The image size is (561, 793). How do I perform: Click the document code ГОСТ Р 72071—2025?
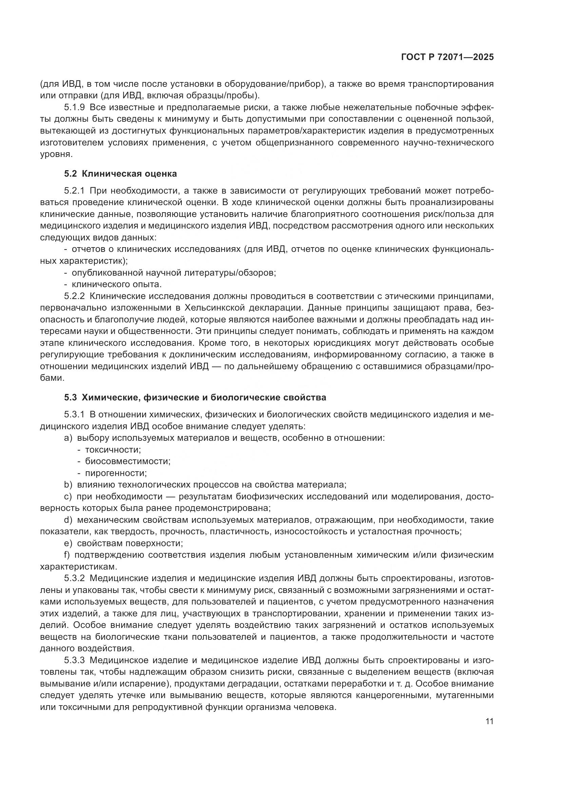[447, 58]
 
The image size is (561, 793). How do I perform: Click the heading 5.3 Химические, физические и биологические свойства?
[195, 398]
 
